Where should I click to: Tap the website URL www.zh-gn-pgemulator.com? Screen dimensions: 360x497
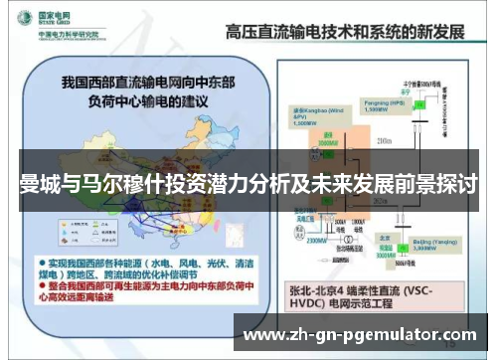point(359,334)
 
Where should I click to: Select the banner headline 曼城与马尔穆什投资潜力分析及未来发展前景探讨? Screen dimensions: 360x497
point(248,186)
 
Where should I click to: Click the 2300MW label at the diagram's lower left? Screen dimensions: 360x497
point(289,239)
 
